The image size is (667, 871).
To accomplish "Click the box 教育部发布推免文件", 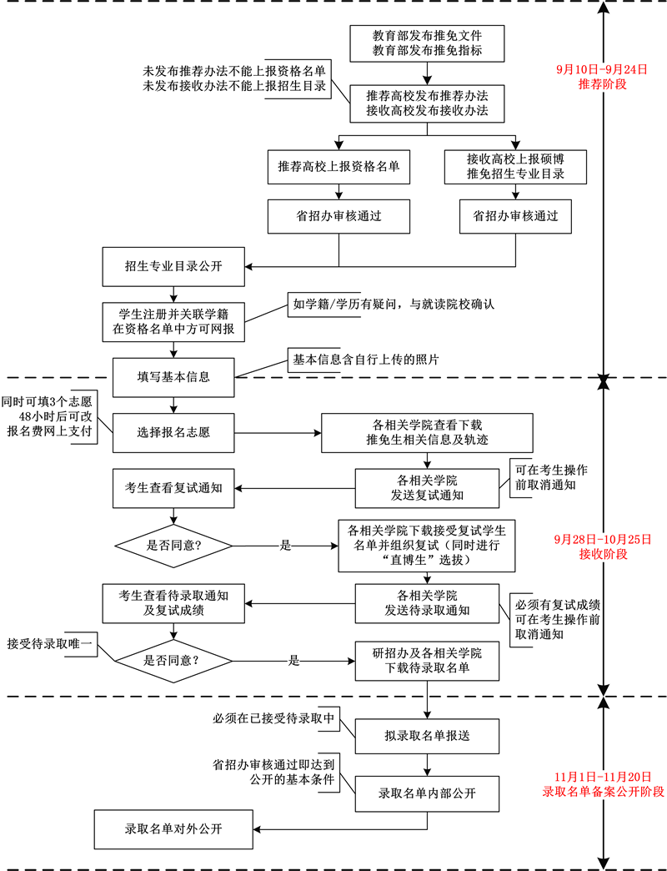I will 427,43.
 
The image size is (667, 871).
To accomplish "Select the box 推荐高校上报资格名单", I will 339,167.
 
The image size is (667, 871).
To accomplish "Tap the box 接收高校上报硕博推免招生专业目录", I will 516,167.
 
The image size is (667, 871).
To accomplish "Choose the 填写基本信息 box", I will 173,376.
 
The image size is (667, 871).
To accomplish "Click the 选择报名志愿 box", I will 173,433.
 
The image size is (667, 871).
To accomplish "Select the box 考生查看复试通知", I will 173,488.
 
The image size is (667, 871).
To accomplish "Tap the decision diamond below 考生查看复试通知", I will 173,545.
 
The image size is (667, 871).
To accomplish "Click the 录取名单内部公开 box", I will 427,793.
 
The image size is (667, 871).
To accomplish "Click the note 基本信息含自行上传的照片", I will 365,359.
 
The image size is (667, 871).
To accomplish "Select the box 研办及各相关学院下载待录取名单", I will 427,660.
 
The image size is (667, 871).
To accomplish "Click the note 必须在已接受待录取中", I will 274,717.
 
